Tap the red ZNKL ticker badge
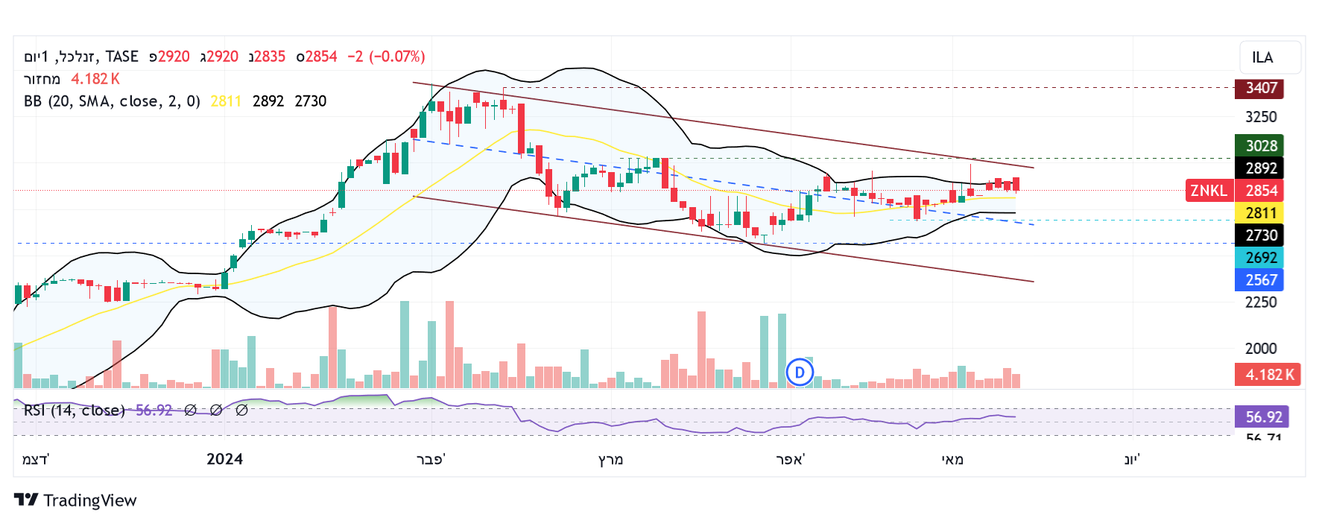(1208, 191)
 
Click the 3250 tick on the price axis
(1261, 117)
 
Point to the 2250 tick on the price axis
(1261, 302)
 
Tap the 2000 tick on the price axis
(1261, 349)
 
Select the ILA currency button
(1271, 57)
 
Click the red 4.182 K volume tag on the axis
(1268, 375)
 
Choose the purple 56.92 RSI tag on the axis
(1262, 417)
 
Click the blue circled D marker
(800, 372)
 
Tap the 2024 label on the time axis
(224, 459)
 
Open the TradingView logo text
(89, 501)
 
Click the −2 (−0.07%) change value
(386, 57)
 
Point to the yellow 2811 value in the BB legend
(226, 101)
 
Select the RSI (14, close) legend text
(74, 411)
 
